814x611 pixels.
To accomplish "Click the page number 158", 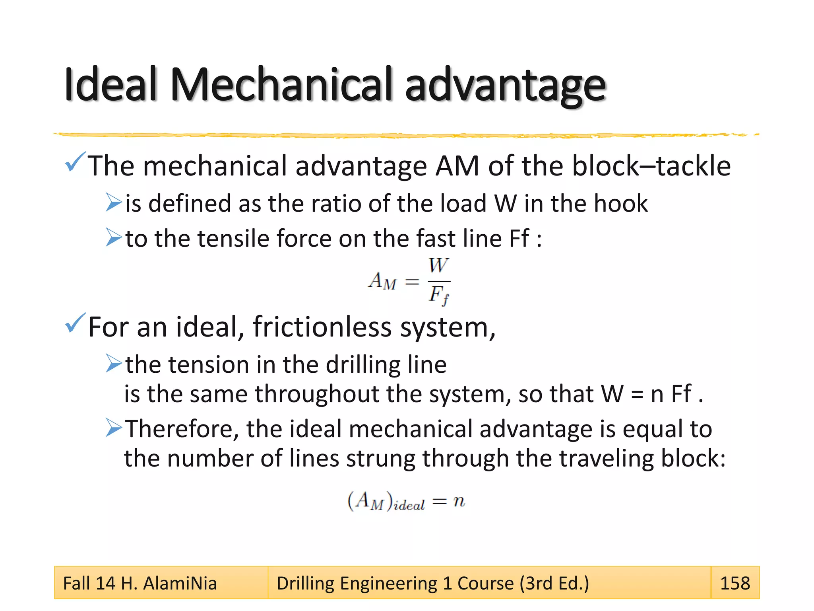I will coord(735,583).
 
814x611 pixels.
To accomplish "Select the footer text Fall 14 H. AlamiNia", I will coord(140,584).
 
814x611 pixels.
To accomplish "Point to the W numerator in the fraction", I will coord(438,266).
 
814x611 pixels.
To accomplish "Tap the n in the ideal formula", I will coord(459,501).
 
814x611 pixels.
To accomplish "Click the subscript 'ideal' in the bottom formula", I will coord(409,506).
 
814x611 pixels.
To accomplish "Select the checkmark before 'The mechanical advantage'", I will coord(75,162).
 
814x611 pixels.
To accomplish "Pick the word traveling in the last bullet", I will coord(606,458).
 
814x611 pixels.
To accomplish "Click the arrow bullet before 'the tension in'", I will coord(114,363).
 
